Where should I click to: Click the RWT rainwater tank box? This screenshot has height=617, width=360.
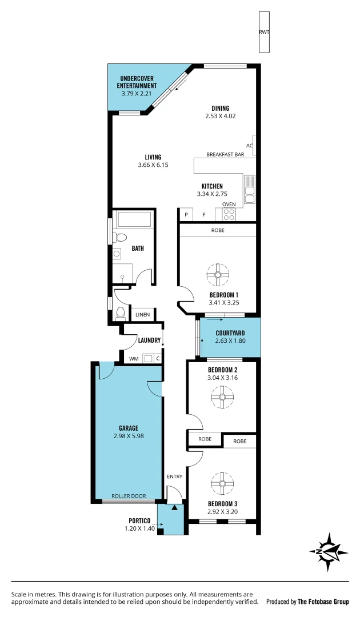pyautogui.click(x=264, y=32)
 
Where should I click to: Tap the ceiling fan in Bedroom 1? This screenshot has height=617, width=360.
pyautogui.click(x=218, y=274)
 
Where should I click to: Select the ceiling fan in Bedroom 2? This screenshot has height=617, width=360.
pyautogui.click(x=222, y=395)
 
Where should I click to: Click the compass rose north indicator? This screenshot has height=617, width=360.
pyautogui.click(x=329, y=552)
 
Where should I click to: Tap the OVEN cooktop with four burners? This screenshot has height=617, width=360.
pyautogui.click(x=229, y=214)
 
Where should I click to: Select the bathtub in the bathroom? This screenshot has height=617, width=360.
pyautogui.click(x=133, y=220)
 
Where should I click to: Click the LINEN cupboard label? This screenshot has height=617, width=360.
pyautogui.click(x=142, y=315)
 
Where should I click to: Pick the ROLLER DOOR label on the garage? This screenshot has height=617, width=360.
pyautogui.click(x=128, y=496)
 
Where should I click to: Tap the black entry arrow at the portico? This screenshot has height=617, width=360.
pyautogui.click(x=174, y=507)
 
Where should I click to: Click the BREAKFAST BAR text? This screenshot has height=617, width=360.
pyautogui.click(x=225, y=155)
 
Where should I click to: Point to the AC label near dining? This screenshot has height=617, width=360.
pyautogui.click(x=249, y=145)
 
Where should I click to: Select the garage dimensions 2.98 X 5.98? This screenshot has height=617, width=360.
pyautogui.click(x=129, y=435)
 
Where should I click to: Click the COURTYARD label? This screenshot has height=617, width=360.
pyautogui.click(x=230, y=334)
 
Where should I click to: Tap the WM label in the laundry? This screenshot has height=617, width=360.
pyautogui.click(x=134, y=359)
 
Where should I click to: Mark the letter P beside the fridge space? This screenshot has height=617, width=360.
pyautogui.click(x=186, y=215)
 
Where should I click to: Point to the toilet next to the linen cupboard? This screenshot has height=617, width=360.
pyautogui.click(x=121, y=312)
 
